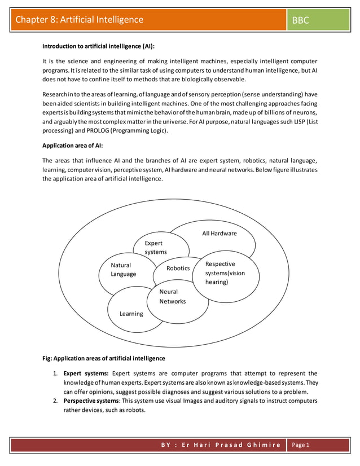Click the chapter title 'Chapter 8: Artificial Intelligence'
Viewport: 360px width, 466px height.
click(x=80, y=20)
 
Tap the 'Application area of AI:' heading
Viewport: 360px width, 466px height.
click(x=72, y=146)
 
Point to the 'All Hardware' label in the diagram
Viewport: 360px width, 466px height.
click(x=219, y=234)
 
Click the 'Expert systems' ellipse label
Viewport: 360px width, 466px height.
click(x=155, y=248)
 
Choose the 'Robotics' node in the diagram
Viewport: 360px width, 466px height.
click(x=178, y=269)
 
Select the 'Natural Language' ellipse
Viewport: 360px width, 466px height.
click(x=123, y=270)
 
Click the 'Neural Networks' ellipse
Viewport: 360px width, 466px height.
click(x=172, y=297)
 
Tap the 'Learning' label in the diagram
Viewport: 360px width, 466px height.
click(x=131, y=314)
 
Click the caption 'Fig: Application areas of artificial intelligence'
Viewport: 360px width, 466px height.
click(x=104, y=358)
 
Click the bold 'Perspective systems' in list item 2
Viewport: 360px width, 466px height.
click(x=90, y=401)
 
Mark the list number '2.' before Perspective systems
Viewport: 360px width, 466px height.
click(x=56, y=401)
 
